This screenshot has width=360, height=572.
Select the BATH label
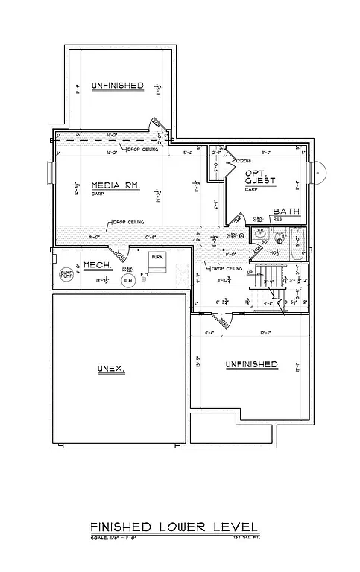tap(286, 212)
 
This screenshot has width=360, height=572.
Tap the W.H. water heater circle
tap(128, 280)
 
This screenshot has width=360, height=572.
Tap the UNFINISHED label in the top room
tap(117, 86)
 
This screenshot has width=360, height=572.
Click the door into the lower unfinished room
tap(221, 322)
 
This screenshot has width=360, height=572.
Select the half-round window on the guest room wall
tap(314, 175)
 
